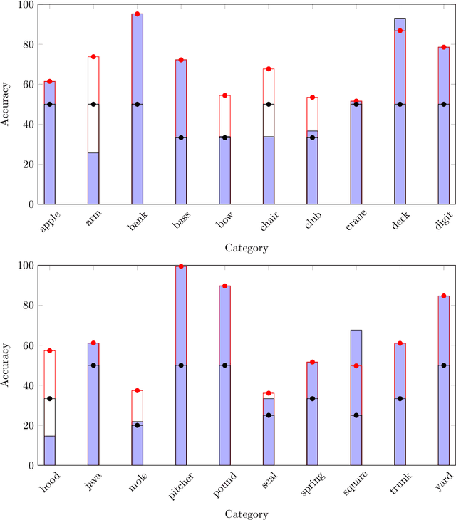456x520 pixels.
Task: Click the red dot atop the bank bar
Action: pos(137,14)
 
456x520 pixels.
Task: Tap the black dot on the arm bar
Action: pos(93,104)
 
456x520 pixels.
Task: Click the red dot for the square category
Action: pos(356,366)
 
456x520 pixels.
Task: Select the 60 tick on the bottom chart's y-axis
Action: pos(28,345)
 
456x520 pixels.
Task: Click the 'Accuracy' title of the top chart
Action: pos(6,105)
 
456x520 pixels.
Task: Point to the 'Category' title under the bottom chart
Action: pos(247,514)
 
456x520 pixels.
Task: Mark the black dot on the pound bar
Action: pos(224,365)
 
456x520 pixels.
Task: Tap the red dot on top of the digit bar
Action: pos(443,47)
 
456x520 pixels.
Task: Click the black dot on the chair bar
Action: pos(268,104)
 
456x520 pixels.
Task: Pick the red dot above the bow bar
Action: pos(224,95)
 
